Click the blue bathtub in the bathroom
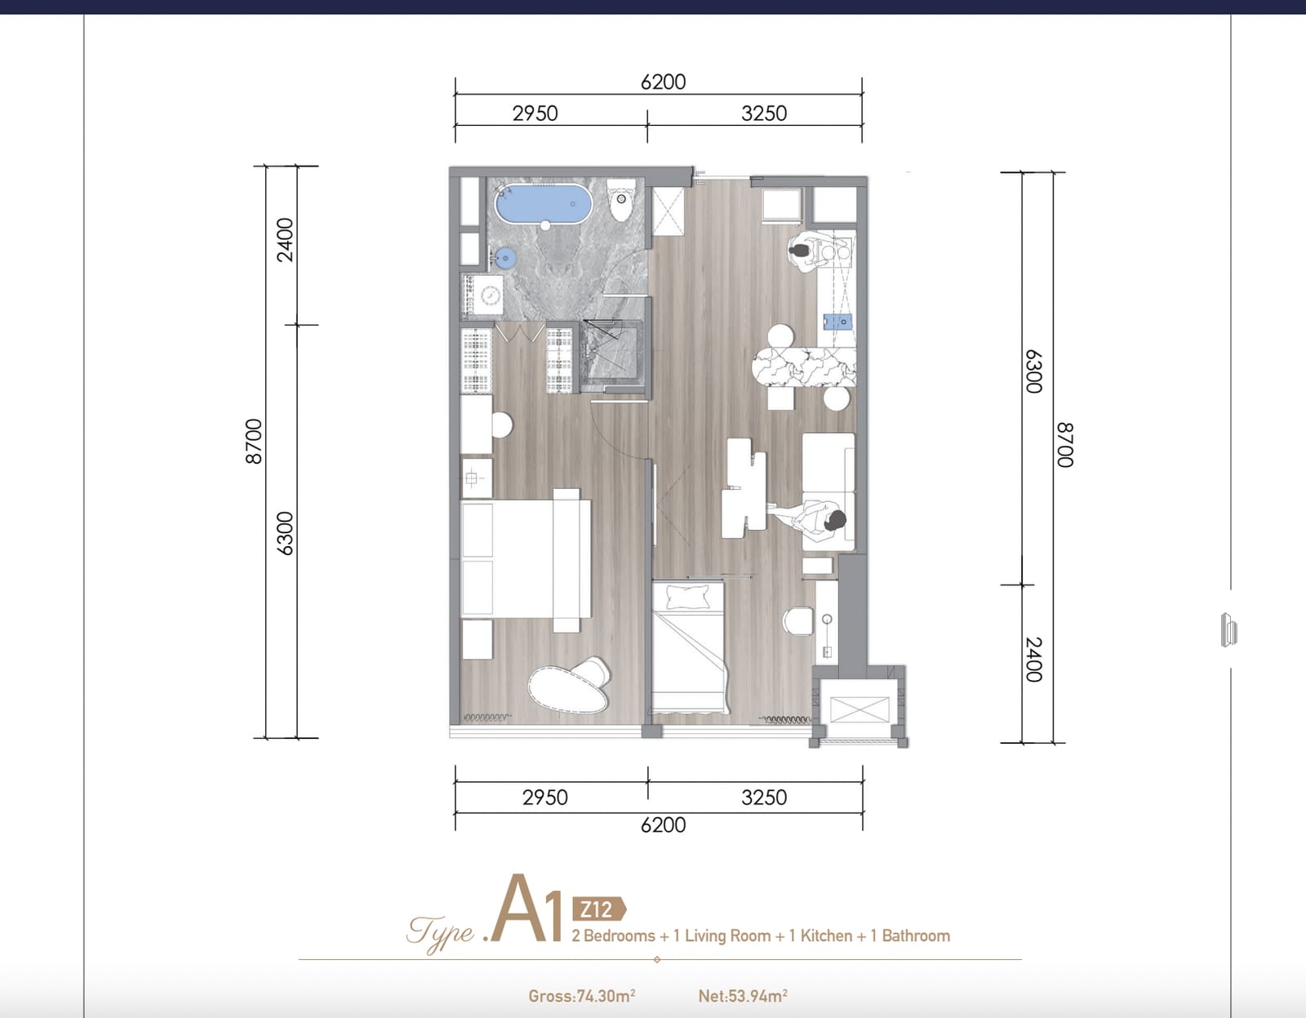544,204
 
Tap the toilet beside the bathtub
621,199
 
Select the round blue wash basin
505,259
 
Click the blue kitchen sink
837,322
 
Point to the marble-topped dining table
804,367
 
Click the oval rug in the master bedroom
569,686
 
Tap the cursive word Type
441,933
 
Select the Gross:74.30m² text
582,996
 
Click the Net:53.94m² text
743,996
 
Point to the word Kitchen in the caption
826,936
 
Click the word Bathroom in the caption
916,936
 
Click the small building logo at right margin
1229,629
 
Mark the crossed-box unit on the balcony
860,709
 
